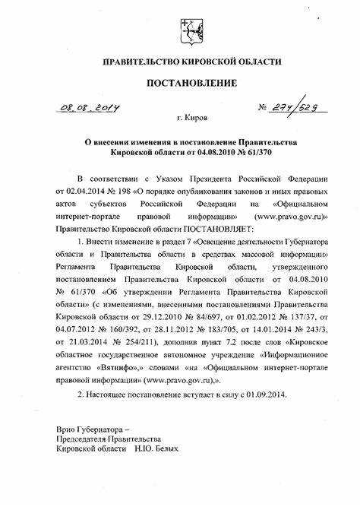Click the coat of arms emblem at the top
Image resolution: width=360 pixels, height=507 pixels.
(181, 31)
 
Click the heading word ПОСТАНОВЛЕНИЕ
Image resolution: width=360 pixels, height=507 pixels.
(181, 82)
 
